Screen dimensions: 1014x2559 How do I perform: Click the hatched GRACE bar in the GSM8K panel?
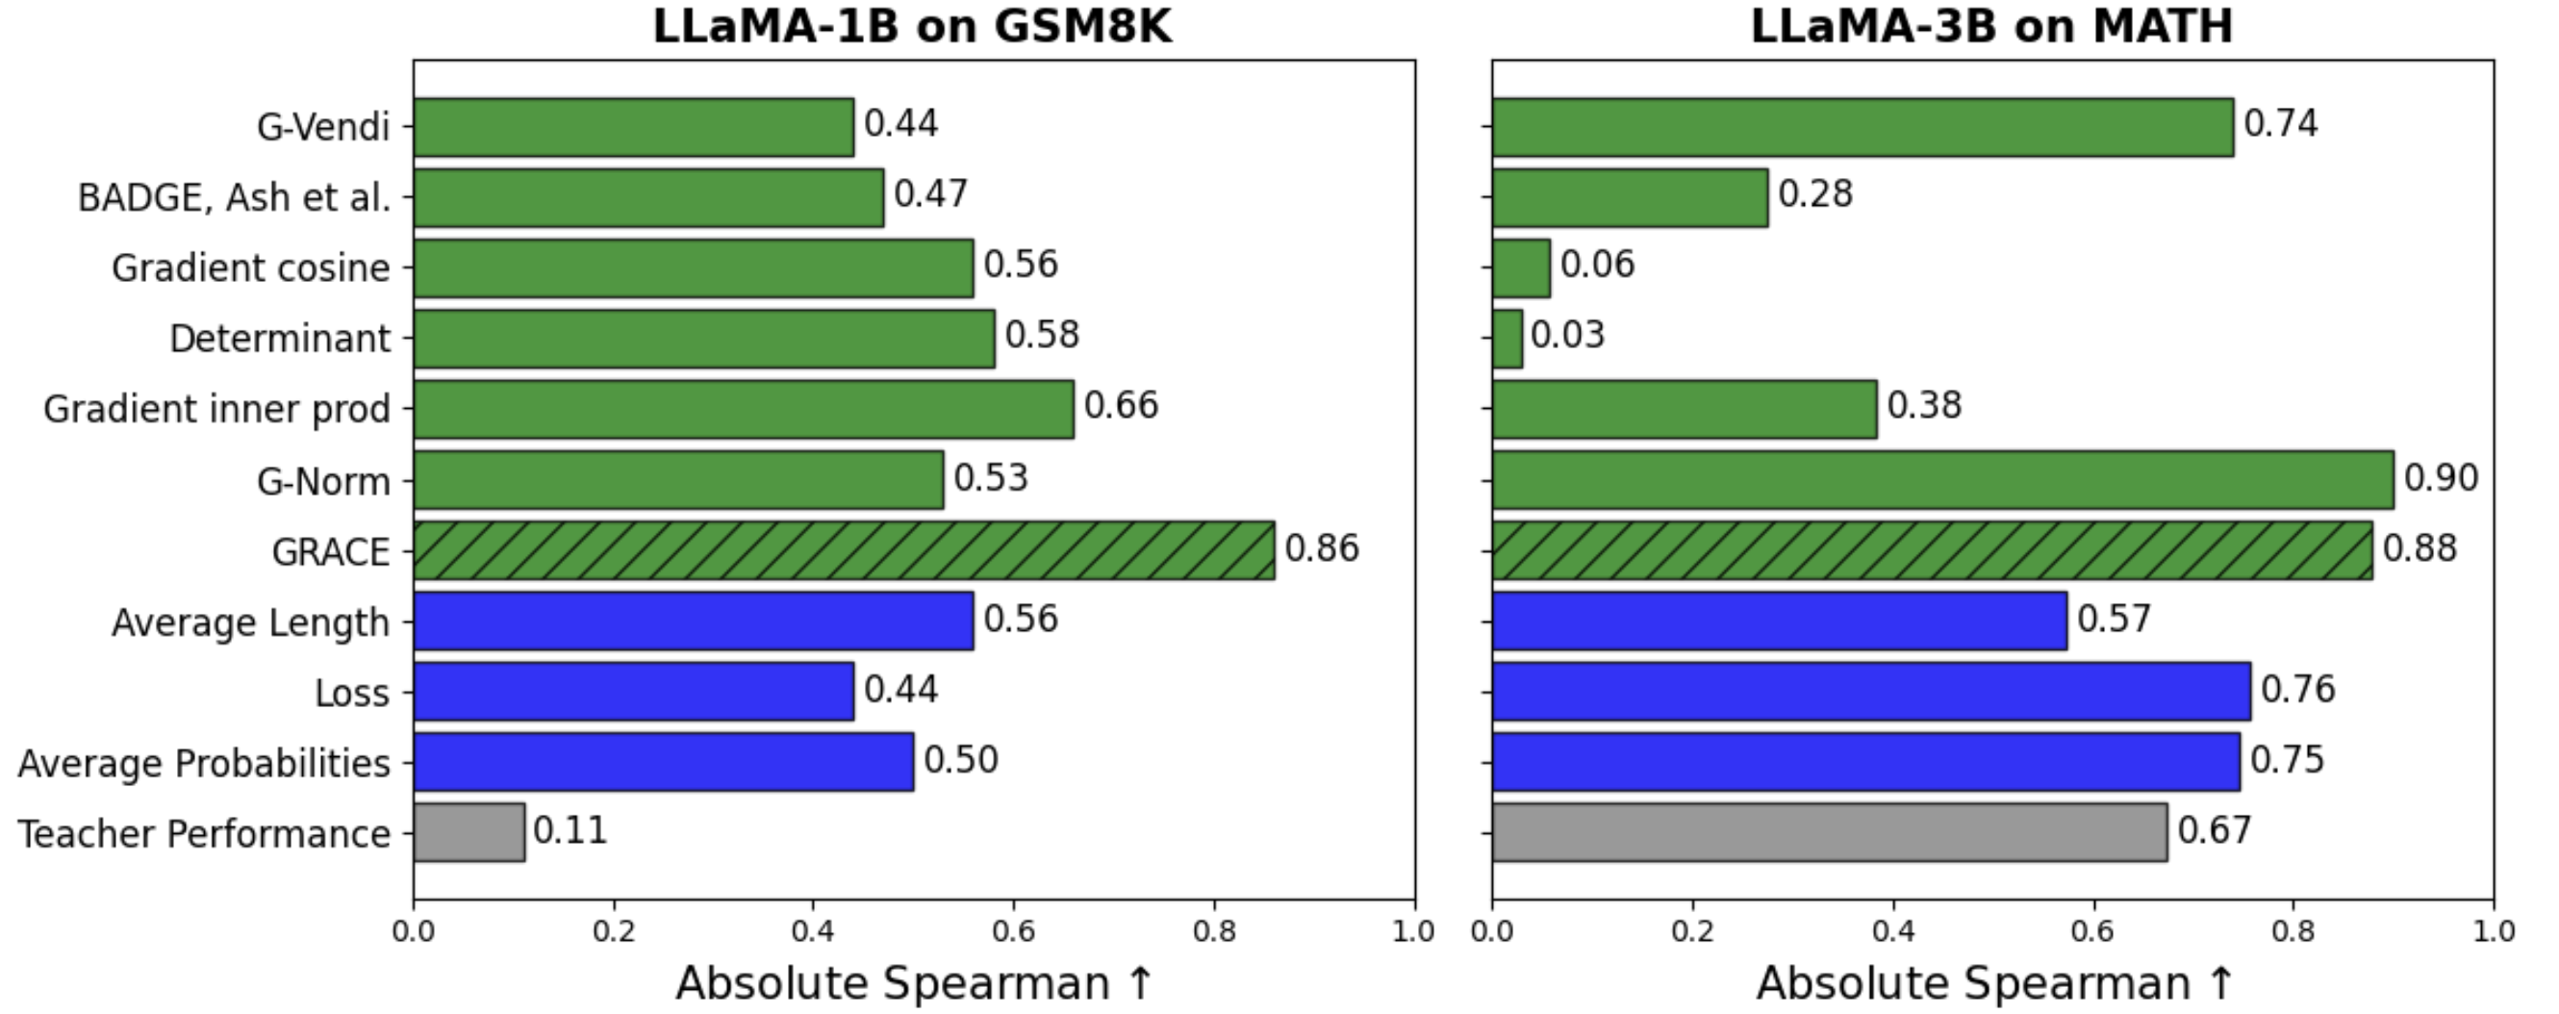844,550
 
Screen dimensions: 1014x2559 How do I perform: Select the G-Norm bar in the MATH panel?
1942,480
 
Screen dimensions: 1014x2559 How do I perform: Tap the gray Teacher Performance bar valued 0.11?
469,832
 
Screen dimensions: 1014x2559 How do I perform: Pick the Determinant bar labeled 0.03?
1507,339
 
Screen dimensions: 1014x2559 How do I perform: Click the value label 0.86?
1321,548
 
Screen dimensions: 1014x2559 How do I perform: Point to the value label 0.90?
2440,478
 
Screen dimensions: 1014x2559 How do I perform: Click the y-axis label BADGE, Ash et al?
235,197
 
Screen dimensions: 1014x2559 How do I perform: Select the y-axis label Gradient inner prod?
216,409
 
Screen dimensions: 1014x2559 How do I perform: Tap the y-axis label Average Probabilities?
204,763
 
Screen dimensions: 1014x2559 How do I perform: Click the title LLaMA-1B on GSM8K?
912,26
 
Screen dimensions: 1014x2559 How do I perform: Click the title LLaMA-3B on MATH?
1990,26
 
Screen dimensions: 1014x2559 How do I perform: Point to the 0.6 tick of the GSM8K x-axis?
1013,931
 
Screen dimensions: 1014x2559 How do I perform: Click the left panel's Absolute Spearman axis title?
914,983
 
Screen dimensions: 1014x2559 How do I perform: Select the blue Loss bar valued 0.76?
1870,691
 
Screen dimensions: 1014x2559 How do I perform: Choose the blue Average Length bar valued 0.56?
694,621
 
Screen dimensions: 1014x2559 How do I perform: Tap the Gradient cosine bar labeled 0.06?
1521,268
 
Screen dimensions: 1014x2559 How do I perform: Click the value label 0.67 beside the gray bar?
2215,830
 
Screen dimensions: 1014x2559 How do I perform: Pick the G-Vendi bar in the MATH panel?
1862,127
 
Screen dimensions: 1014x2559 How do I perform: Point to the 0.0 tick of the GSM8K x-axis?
414,931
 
